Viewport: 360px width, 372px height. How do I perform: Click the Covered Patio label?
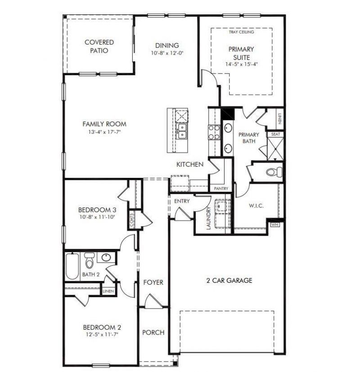99,46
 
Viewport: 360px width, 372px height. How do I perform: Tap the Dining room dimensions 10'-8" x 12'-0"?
167,53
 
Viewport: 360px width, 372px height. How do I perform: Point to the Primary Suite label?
241,53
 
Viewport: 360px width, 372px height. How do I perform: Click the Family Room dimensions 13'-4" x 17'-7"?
104,132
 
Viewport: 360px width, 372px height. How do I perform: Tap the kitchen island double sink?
183,131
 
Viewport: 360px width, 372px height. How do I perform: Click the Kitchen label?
189,164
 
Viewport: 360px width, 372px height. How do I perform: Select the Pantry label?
221,188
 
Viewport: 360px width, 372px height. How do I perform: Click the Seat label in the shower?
274,134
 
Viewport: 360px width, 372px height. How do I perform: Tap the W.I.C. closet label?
256,206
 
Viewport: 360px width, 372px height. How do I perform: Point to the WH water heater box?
274,224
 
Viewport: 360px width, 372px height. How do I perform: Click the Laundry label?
208,219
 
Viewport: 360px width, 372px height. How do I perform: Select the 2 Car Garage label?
229,281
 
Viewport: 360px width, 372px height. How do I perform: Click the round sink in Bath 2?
106,258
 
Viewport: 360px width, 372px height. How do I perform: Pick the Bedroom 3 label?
97,209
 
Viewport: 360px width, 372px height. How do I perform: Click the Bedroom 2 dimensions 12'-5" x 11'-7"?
101,335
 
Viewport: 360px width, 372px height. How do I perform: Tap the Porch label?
153,333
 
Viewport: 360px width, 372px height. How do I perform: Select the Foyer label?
153,282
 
